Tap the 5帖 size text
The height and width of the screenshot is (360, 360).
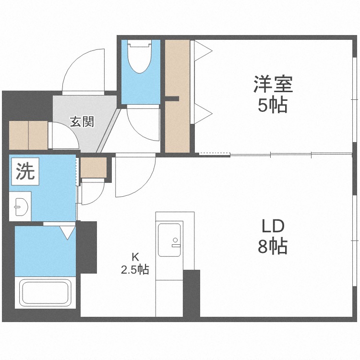pyautogui.click(x=273, y=105)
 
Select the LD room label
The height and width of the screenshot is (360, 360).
pyautogui.click(x=273, y=226)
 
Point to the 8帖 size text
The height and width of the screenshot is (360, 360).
pyautogui.click(x=273, y=247)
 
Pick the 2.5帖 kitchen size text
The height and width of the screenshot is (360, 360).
pyautogui.click(x=134, y=269)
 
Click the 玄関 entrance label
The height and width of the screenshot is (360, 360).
pyautogui.click(x=82, y=121)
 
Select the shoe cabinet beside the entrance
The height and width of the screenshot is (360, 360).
pyautogui.click(x=28, y=135)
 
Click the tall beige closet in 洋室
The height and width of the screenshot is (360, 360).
pyautogui.click(x=178, y=96)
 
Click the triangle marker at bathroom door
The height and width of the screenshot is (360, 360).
pyautogui.click(x=68, y=233)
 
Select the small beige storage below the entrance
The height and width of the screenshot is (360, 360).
pyautogui.click(x=93, y=168)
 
